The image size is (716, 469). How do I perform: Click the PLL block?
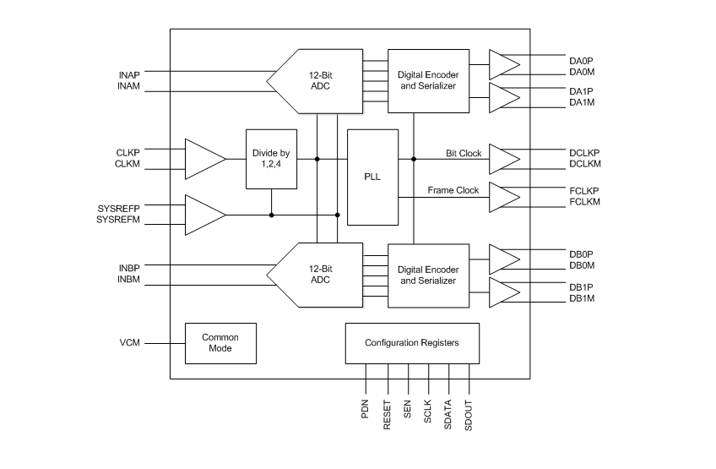click(x=372, y=177)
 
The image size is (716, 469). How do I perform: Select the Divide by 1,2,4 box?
click(x=271, y=159)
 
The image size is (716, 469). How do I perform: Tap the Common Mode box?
click(x=220, y=342)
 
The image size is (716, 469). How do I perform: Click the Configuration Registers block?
click(x=413, y=343)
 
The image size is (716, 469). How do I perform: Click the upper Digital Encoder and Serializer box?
click(x=428, y=81)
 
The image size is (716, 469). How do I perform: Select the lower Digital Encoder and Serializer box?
click(x=428, y=275)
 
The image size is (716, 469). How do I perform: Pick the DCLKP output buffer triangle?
click(x=504, y=159)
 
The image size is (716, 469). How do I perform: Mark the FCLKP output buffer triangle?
click(x=504, y=196)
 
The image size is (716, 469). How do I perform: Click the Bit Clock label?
click(x=464, y=153)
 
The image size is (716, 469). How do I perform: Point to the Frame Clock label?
click(x=453, y=190)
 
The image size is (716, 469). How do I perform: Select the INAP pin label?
click(x=129, y=75)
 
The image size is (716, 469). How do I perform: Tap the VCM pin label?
click(x=129, y=343)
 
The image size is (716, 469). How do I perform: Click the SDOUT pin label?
click(x=469, y=414)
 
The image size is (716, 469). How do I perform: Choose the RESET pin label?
click(x=388, y=415)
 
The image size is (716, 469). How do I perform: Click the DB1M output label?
click(x=582, y=298)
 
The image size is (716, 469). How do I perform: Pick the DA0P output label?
click(x=582, y=60)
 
